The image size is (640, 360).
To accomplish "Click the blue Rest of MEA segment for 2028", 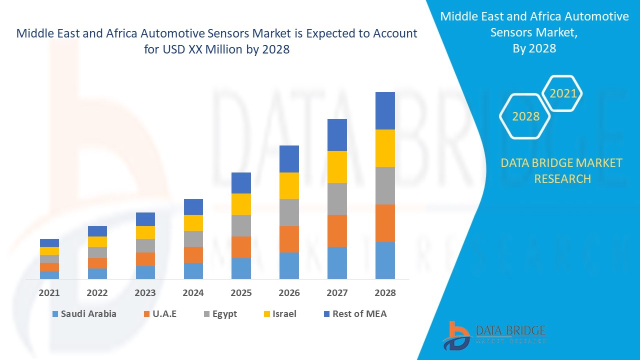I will tap(385, 110).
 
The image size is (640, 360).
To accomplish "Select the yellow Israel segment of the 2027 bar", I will tap(337, 166).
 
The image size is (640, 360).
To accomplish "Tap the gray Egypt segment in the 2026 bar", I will tap(289, 212).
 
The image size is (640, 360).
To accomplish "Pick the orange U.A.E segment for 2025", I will tap(241, 247).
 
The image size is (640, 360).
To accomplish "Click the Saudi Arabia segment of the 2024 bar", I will tap(193, 270).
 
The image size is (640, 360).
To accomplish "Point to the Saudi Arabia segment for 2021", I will tap(49, 274).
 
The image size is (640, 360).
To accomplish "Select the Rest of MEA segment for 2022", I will tap(97, 231).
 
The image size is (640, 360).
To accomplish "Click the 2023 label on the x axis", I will tap(145, 293).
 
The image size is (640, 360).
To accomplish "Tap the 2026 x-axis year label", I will tap(289, 293).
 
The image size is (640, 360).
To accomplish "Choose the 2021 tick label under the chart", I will tap(49, 293).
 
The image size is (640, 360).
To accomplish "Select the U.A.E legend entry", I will tap(160, 314).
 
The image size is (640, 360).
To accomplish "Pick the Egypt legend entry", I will tap(220, 314).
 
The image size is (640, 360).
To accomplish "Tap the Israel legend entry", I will tap(279, 314).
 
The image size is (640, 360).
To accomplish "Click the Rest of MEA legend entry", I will tap(355, 314).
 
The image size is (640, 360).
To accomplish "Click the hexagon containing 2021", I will tap(562, 93).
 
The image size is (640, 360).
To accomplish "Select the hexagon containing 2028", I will tap(525, 116).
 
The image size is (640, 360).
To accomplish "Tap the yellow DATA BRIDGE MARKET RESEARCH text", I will tap(561, 170).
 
